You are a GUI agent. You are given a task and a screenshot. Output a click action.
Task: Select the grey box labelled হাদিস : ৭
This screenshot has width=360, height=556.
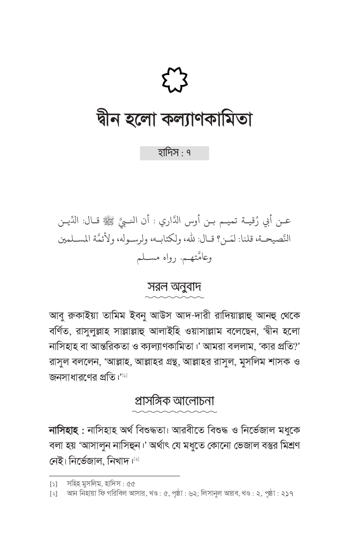(x=174, y=153)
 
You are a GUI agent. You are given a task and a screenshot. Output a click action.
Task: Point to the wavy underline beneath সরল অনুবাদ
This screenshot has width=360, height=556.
(x=174, y=297)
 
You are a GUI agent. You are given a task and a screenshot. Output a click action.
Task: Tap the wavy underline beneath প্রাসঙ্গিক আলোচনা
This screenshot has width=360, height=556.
(x=174, y=411)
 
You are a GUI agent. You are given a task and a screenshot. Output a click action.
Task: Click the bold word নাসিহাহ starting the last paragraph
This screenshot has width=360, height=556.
(x=66, y=430)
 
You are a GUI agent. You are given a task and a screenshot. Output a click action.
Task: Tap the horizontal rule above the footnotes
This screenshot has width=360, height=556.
(x=114, y=476)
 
